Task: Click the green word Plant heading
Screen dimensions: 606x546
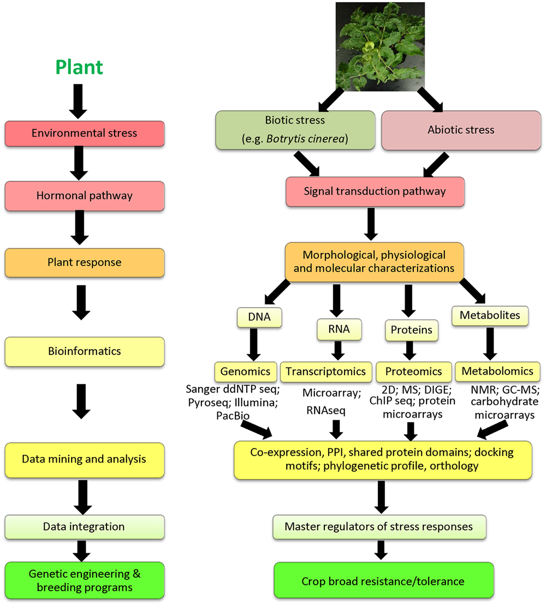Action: tap(79, 67)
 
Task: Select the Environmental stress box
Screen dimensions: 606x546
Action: tap(84, 133)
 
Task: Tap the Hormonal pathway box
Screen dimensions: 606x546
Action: tap(84, 196)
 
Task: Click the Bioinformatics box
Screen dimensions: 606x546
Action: tap(84, 351)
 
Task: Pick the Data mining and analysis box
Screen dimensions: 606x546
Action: tap(84, 459)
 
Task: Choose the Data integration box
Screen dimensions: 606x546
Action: tap(84, 527)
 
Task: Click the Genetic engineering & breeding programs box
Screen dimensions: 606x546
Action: tap(84, 581)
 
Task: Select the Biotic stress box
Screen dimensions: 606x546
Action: tap(295, 130)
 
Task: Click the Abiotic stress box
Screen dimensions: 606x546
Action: tap(461, 130)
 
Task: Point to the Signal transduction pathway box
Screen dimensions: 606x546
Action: tap(375, 192)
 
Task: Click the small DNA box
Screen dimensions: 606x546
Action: tap(259, 317)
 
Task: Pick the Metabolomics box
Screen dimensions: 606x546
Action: tap(497, 371)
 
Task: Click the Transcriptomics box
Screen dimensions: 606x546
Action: tap(326, 371)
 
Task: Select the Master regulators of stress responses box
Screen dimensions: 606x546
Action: tap(378, 527)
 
